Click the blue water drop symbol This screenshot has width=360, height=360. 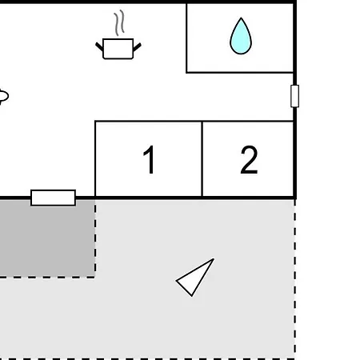pos(241,36)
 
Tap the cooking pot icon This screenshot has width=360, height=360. pos(118,49)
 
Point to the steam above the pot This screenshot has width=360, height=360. pos(120,22)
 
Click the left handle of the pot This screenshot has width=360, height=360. pos(99,46)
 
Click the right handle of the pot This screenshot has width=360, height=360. pos(137,47)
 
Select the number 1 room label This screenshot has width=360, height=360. pos(149,159)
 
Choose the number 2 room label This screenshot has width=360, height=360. pos(249,159)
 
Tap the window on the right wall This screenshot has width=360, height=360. pos(294,96)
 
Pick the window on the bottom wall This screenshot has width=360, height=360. pos(54,198)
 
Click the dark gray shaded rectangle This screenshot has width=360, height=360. pos(47,238)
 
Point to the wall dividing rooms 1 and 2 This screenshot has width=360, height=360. pos(202,159)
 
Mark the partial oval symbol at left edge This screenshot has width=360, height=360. pos(4,96)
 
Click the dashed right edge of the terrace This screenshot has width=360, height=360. pos(294,279)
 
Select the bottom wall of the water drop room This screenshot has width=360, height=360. pos(240,72)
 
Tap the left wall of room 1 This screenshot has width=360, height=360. pos(95,159)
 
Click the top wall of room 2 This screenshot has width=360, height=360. pos(248,122)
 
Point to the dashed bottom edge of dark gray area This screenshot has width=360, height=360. pos(47,277)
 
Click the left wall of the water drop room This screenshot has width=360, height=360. pos(186,38)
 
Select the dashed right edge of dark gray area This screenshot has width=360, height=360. pos(95,238)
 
